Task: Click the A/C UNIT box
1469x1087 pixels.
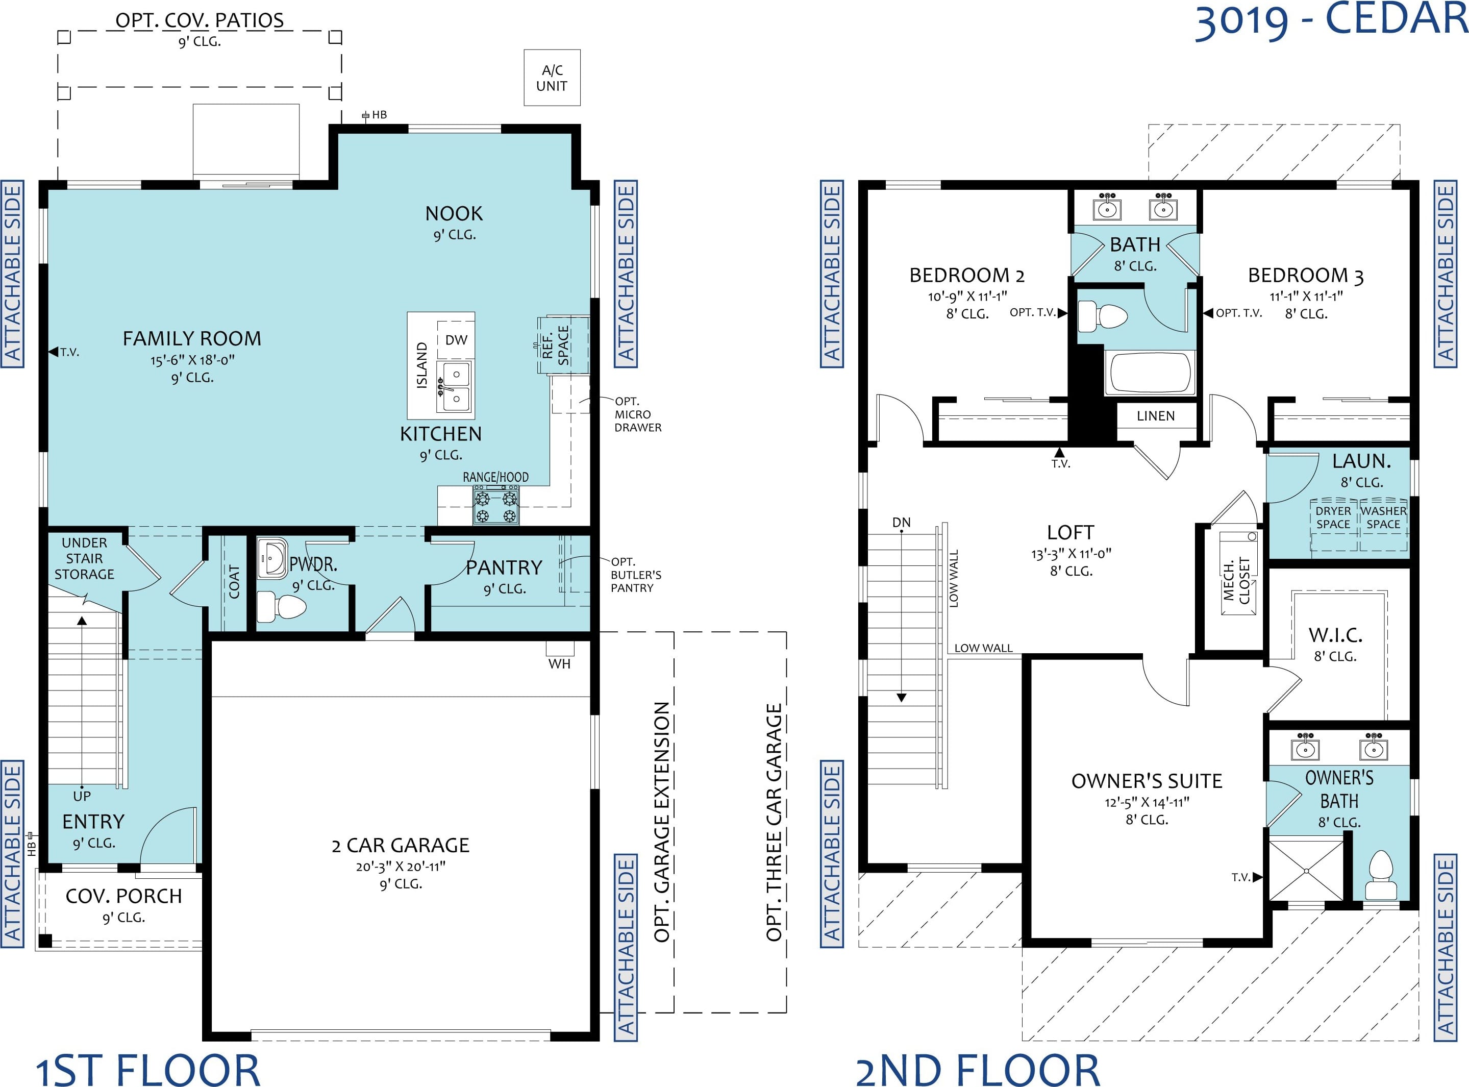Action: pyautogui.click(x=552, y=78)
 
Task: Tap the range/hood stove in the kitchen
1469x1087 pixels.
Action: pyautogui.click(x=495, y=505)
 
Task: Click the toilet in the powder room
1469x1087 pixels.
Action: pyautogui.click(x=281, y=606)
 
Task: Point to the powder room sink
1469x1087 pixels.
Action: pyautogui.click(x=271, y=559)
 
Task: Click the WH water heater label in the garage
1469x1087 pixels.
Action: pyautogui.click(x=559, y=664)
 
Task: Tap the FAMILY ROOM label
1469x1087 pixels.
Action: pyautogui.click(x=192, y=338)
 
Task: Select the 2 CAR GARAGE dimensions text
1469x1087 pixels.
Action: pyautogui.click(x=401, y=867)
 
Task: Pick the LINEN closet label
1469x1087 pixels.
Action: pyautogui.click(x=1156, y=416)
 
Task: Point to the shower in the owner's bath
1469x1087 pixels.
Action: pyautogui.click(x=1306, y=870)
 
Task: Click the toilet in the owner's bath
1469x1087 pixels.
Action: pyautogui.click(x=1381, y=876)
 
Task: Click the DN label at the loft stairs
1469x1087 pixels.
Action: pyautogui.click(x=901, y=523)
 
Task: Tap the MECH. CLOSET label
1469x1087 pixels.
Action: pyautogui.click(x=1236, y=580)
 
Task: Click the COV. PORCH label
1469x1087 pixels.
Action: pyautogui.click(x=123, y=896)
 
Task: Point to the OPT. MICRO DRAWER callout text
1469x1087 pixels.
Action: pyautogui.click(x=637, y=414)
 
